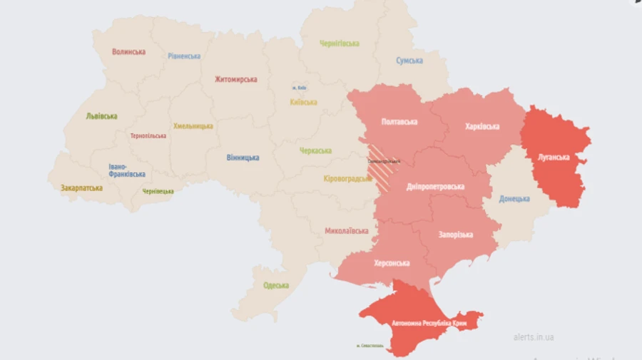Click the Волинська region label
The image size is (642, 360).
(129, 51)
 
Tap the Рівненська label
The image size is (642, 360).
(185, 56)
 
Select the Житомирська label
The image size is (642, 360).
(235, 79)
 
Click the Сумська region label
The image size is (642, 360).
(409, 61)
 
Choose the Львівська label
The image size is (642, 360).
(101, 116)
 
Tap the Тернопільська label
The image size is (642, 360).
(148, 135)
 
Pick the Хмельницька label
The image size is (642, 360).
(193, 126)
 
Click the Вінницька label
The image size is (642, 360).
(243, 157)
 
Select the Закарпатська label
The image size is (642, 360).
(81, 188)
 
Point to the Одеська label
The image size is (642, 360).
(276, 285)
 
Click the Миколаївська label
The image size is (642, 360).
(346, 231)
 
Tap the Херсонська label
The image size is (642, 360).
(392, 263)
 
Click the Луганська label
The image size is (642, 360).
(554, 157)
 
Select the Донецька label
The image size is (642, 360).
(514, 199)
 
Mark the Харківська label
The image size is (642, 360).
(482, 126)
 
